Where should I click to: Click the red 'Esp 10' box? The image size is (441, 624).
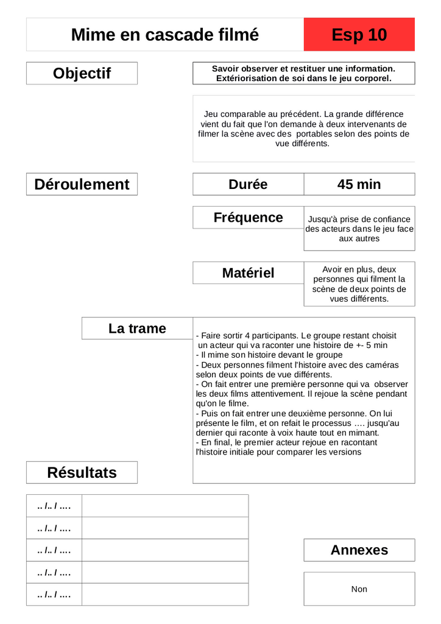pyautogui.click(x=359, y=35)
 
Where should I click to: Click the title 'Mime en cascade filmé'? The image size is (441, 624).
pyautogui.click(x=164, y=35)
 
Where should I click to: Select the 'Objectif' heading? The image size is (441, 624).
pyautogui.click(x=82, y=73)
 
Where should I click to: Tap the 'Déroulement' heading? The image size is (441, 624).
pyautogui.click(x=82, y=184)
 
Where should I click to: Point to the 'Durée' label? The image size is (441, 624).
pyautogui.click(x=248, y=184)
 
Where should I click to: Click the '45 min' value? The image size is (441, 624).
pyautogui.click(x=359, y=184)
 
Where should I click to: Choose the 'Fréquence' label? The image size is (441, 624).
pyautogui.click(x=248, y=218)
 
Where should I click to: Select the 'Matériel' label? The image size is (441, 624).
pyautogui.click(x=248, y=273)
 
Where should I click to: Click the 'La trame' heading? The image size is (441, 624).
pyautogui.click(x=137, y=328)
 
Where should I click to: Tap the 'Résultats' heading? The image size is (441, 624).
pyautogui.click(x=82, y=472)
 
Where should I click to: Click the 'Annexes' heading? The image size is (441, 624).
pyautogui.click(x=359, y=550)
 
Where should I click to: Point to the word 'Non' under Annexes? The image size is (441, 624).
pyautogui.click(x=359, y=589)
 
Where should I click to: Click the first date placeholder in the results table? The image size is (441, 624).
pyautogui.click(x=54, y=506)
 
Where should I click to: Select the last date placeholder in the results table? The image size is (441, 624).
pyautogui.click(x=54, y=595)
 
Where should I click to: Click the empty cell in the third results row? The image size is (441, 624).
pyautogui.click(x=164, y=550)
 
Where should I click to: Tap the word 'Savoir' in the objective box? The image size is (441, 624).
pyautogui.click(x=225, y=69)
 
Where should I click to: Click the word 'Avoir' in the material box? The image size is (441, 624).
pyautogui.click(x=334, y=269)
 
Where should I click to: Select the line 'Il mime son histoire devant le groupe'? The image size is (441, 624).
pyautogui.click(x=272, y=355)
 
